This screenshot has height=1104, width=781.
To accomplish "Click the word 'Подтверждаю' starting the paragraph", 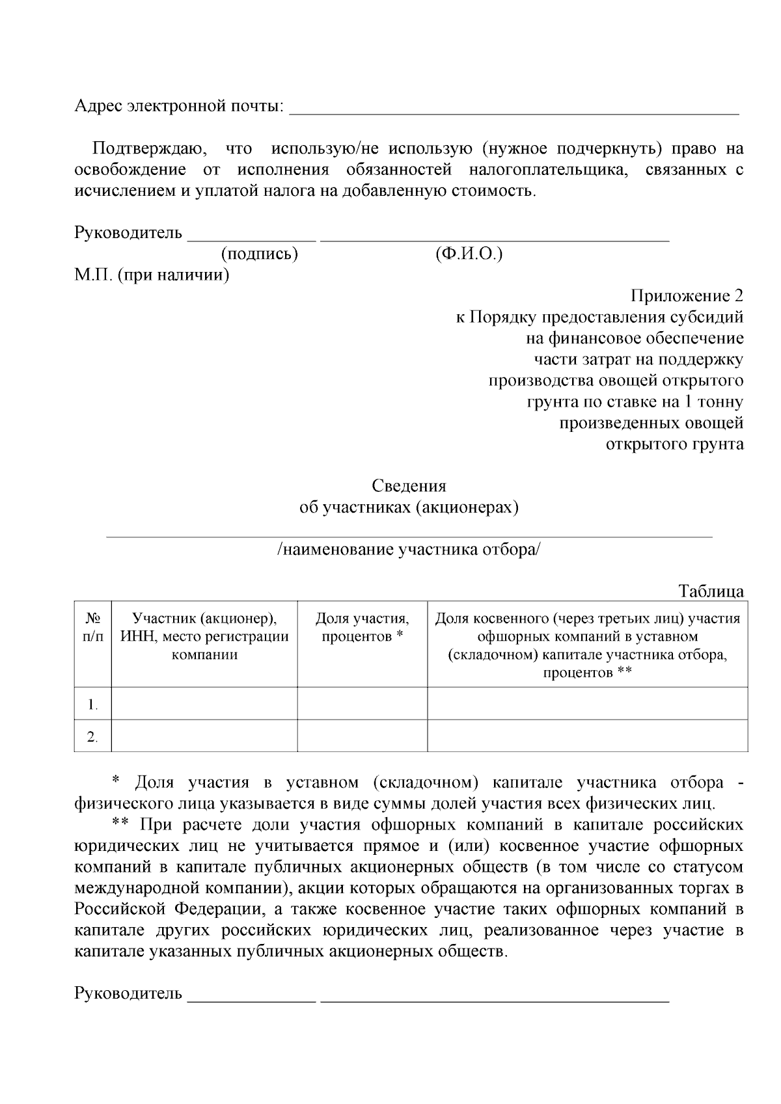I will point(148,149).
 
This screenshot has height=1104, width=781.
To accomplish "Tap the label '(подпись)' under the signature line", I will point(259,254).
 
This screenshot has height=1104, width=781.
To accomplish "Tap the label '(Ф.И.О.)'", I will point(469,254).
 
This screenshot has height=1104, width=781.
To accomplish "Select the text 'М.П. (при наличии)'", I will point(152,275).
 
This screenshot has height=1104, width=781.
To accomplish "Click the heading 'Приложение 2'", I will point(687,297).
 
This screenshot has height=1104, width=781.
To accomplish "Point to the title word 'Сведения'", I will point(409,486).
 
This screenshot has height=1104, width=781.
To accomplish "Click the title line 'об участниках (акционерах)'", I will point(409,507).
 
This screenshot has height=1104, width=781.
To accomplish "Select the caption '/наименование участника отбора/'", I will point(409,550).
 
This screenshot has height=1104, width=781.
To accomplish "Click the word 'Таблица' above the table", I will point(711,592).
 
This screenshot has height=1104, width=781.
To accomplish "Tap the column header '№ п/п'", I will point(93,627).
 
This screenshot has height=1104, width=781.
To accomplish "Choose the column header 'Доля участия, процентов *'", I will point(362,627).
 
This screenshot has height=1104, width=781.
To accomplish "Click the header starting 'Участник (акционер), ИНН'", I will point(204,636).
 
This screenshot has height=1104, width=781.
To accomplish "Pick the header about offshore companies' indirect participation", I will point(587,645).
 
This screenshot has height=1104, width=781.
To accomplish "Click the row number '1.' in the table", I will point(93,705).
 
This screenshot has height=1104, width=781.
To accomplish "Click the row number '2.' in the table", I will point(93,737).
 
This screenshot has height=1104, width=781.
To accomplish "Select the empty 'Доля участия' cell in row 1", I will point(362,703).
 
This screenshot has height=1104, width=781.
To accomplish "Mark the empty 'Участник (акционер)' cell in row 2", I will point(204,736).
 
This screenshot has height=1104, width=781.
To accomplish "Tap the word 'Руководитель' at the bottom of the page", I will point(128,993).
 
